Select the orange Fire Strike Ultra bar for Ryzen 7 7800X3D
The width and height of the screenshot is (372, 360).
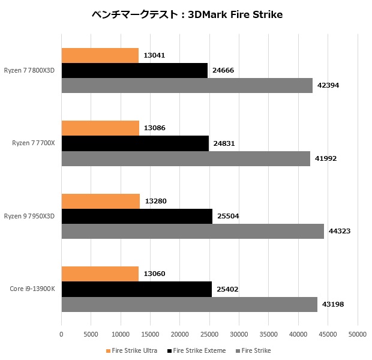[x=100, y=56]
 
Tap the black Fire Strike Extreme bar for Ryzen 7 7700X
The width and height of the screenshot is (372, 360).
[x=135, y=143]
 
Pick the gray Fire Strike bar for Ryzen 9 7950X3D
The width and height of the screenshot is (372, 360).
[x=193, y=231]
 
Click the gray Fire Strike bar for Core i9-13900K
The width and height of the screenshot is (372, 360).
[x=189, y=304]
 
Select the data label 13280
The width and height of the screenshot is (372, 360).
[x=155, y=201]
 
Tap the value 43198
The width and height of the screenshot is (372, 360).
[x=334, y=304]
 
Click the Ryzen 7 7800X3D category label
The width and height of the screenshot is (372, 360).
[x=29, y=70]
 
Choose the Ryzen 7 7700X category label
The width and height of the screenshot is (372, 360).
[x=34, y=143]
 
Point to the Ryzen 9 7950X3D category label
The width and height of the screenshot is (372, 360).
[x=29, y=216]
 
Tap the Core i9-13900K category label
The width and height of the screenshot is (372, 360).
[x=32, y=289]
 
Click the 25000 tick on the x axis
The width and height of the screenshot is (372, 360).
[x=209, y=334]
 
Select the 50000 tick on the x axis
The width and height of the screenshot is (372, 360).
[x=358, y=334]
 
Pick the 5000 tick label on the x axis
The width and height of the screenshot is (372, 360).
[x=91, y=334]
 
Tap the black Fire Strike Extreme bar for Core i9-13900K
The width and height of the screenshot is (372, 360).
[x=136, y=289]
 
